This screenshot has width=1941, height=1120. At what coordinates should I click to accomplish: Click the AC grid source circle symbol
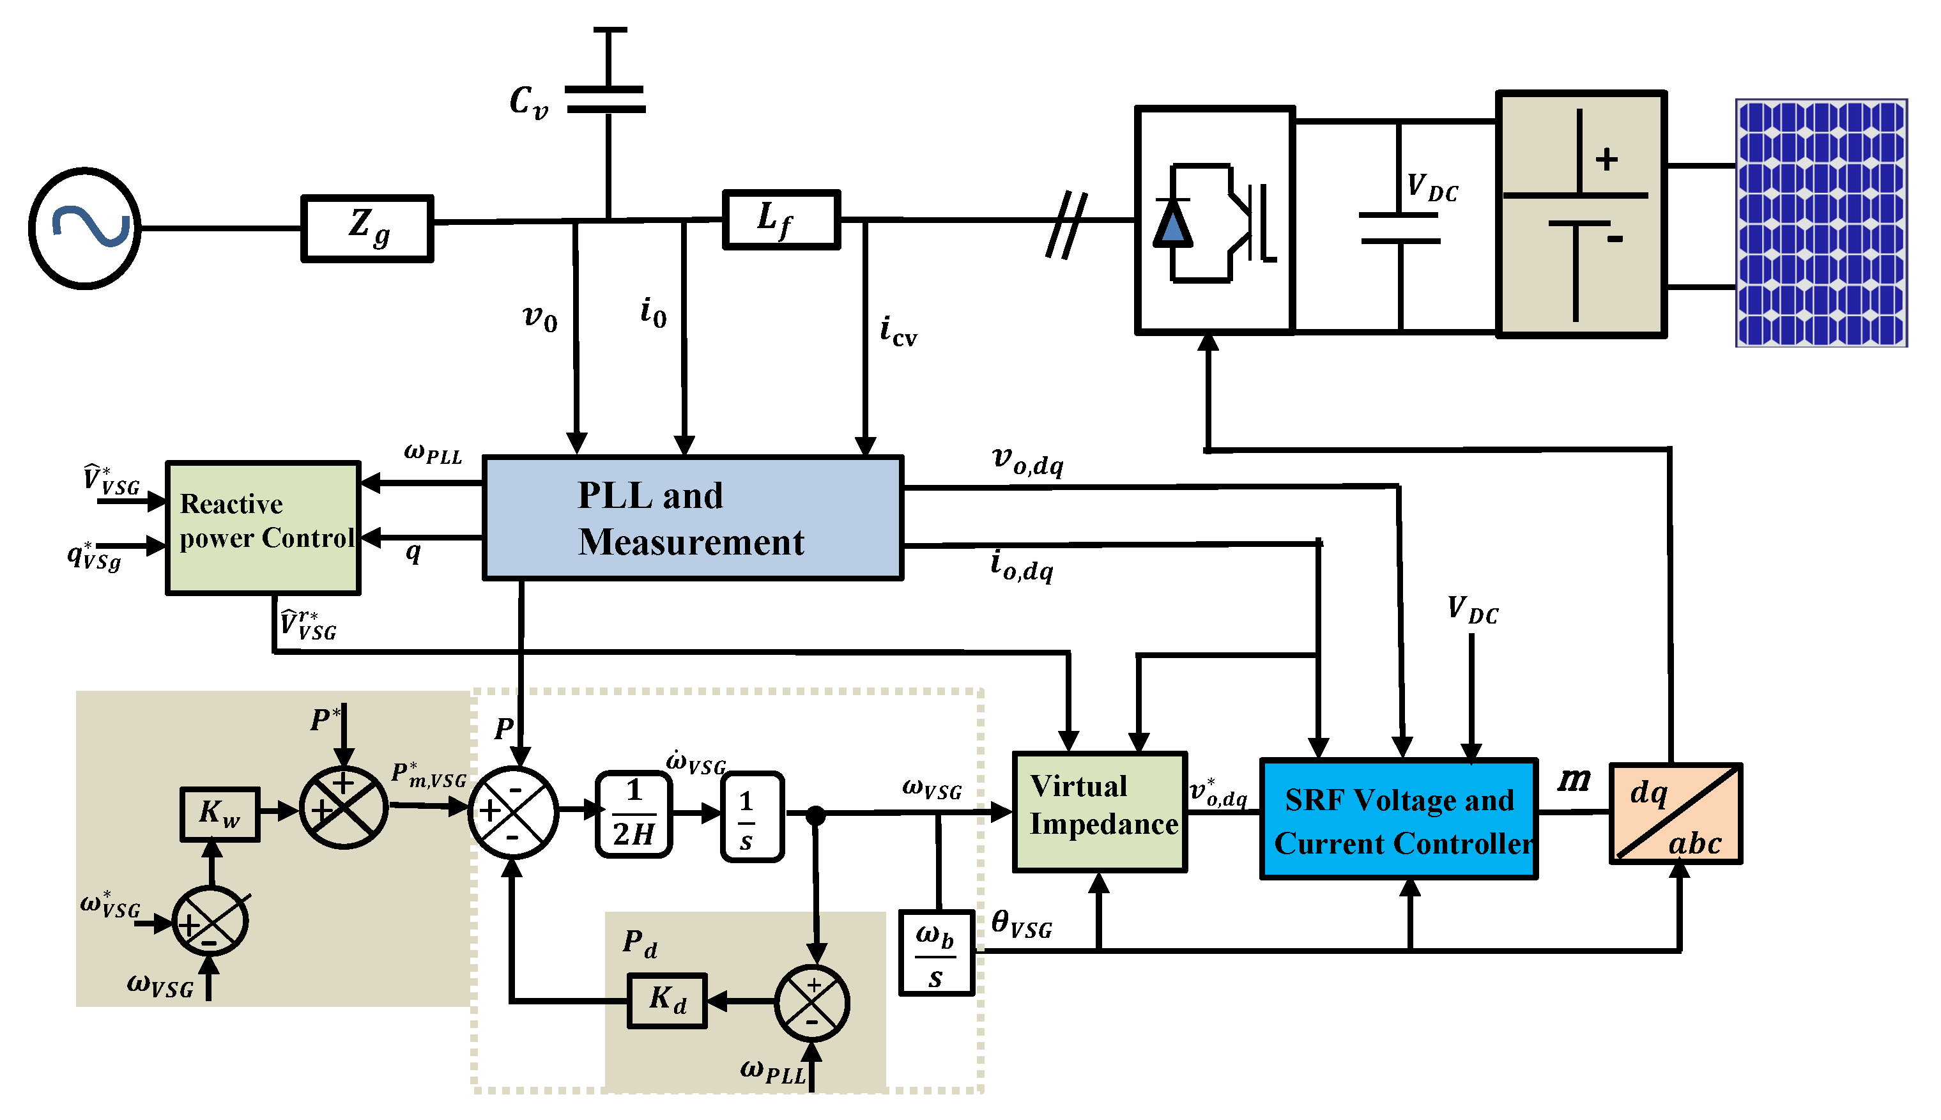(84, 229)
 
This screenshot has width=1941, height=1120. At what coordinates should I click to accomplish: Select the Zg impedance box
(367, 229)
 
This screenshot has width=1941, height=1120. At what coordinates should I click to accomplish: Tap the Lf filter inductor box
(781, 219)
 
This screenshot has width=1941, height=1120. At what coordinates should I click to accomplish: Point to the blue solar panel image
(1820, 223)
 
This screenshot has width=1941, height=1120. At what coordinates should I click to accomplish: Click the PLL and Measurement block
(692, 518)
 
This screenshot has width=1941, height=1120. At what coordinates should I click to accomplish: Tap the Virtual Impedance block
(1100, 811)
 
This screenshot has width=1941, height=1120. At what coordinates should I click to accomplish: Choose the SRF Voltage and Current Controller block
(1398, 819)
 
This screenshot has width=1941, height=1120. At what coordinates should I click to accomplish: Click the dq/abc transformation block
(1675, 813)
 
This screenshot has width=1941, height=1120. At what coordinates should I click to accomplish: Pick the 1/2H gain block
(634, 814)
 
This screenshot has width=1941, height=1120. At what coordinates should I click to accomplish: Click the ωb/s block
(936, 954)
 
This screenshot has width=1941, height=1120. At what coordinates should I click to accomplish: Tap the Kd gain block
(666, 1000)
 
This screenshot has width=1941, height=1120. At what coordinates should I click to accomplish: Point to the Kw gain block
(219, 813)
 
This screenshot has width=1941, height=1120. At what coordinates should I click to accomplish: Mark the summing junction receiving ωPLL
(811, 1003)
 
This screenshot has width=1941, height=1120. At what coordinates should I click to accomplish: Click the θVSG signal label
(1020, 923)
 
